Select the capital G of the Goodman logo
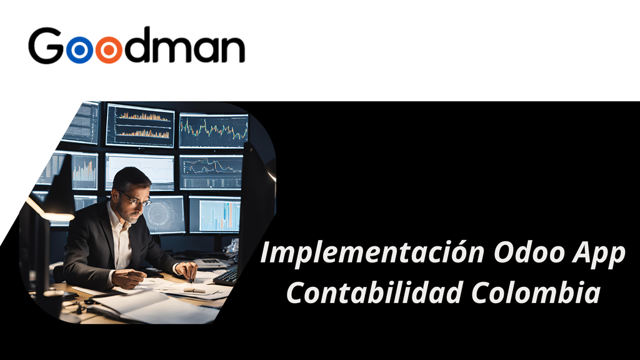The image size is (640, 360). [46, 46]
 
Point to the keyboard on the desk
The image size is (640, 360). [227, 275]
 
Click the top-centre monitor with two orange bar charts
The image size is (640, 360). [140, 125]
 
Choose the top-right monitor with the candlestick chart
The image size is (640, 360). [213, 130]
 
